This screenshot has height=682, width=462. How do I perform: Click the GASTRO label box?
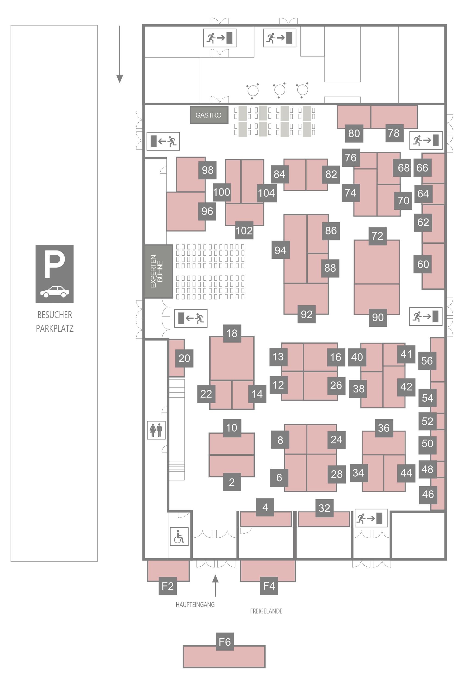(209, 115)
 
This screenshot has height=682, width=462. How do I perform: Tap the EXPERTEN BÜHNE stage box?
(158, 271)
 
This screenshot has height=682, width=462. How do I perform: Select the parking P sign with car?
(54, 274)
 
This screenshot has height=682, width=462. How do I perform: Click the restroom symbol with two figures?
(156, 430)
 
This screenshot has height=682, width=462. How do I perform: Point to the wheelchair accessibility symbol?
(179, 537)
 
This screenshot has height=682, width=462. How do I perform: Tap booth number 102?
(244, 230)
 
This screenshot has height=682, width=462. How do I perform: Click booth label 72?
(377, 236)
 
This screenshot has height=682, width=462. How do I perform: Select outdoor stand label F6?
(225, 642)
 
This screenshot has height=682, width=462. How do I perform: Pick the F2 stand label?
(167, 586)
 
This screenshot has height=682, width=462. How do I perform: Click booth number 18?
(232, 333)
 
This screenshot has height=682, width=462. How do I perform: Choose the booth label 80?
(354, 133)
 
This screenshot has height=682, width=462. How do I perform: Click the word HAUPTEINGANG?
(195, 605)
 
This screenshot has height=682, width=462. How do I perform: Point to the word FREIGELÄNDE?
(266, 611)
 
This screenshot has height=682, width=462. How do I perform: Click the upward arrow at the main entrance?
(216, 586)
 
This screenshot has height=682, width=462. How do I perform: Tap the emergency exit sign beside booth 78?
(426, 140)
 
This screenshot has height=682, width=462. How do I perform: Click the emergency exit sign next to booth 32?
(371, 518)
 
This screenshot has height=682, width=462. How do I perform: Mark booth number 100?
(221, 192)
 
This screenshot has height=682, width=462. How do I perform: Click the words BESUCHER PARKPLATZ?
(55, 322)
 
